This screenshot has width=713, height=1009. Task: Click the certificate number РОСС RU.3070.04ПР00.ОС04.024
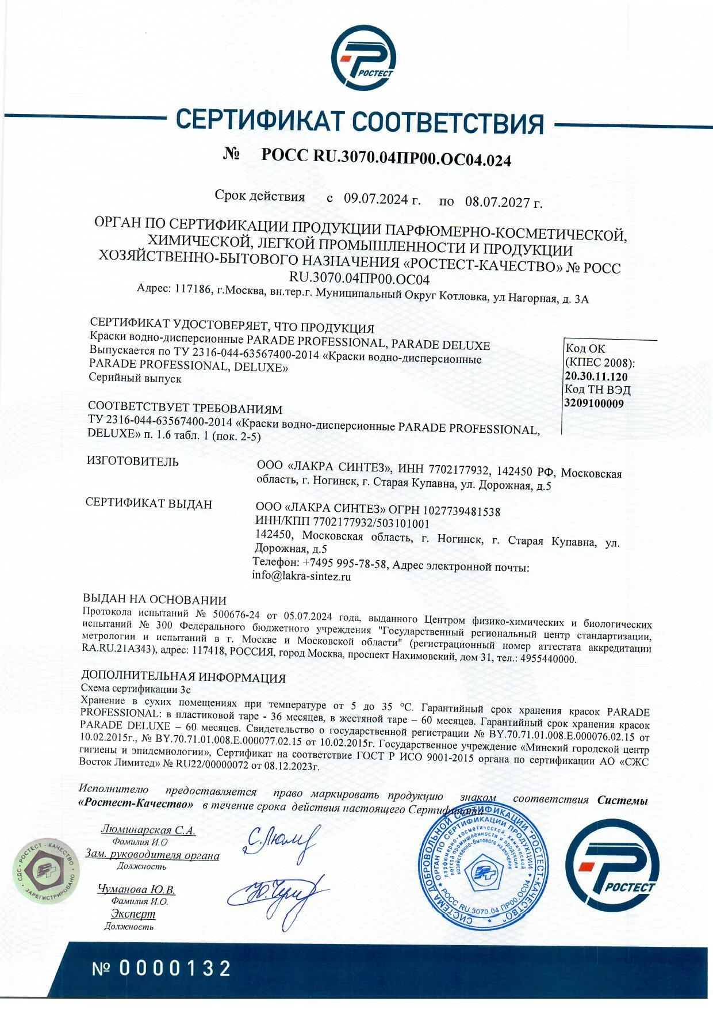[x=386, y=157]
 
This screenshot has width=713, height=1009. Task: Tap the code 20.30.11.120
[x=596, y=376]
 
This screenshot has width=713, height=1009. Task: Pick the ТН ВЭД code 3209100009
[x=594, y=403]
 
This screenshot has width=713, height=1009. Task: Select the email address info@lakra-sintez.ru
[x=301, y=576]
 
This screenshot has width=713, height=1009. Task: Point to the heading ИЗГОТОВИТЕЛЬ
[x=132, y=462]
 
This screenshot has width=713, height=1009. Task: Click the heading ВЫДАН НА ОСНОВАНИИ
[x=155, y=600]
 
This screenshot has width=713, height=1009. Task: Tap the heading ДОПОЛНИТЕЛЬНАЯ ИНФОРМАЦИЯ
[x=183, y=677]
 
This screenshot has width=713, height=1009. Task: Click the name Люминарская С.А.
[x=148, y=830]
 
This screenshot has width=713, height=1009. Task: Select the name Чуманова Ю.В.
[x=136, y=889]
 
